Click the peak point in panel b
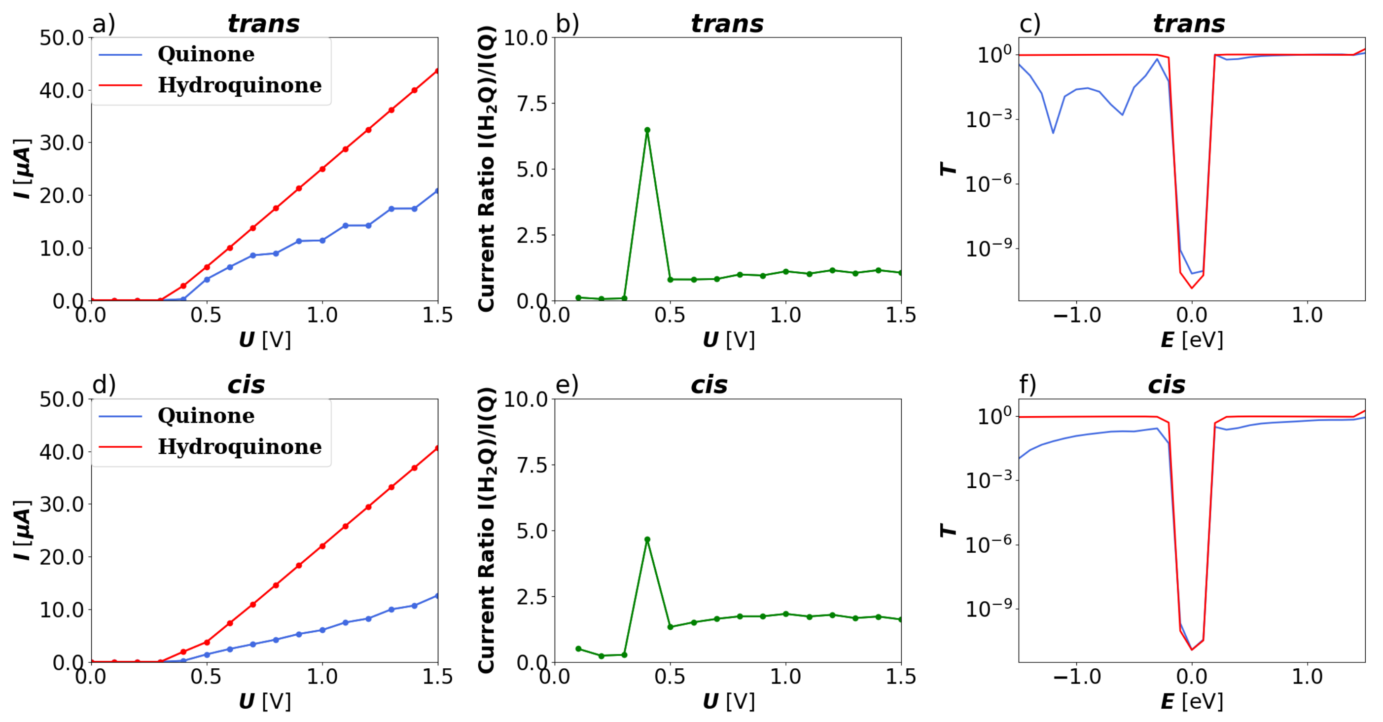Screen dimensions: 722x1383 (647, 130)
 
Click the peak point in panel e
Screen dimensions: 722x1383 (647, 540)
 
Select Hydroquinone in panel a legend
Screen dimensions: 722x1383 (240, 85)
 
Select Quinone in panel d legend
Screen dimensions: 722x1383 (206, 415)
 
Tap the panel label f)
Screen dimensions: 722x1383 (1028, 385)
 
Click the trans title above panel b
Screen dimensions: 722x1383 (727, 24)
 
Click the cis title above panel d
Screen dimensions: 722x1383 (246, 385)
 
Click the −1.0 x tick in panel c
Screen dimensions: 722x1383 (1076, 315)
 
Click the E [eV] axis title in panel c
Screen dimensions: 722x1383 (1192, 340)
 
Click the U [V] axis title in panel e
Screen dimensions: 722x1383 (729, 701)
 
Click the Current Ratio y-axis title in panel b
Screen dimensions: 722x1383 (487, 168)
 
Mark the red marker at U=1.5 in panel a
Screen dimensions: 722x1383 (437, 71)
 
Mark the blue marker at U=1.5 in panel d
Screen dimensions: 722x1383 (437, 596)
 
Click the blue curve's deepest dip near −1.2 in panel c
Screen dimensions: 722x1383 (1053, 132)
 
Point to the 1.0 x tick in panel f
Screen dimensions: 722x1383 (1307, 676)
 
